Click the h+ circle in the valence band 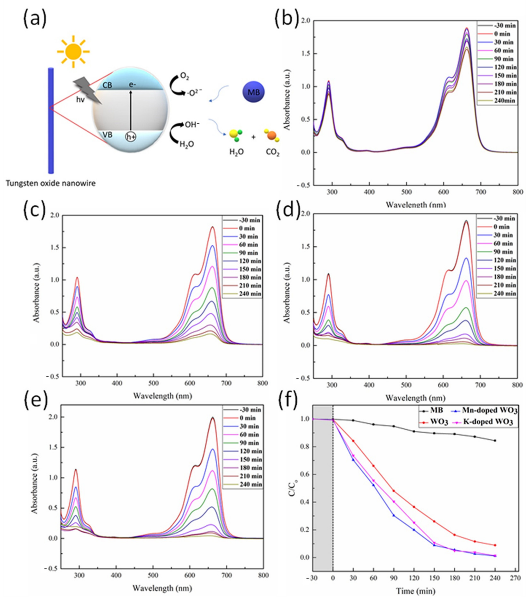[131, 137]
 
